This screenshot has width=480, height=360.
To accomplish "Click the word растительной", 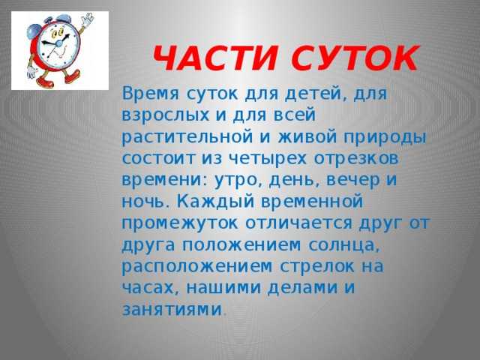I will tap(175, 139).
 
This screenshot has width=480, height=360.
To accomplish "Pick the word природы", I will tap(385, 139).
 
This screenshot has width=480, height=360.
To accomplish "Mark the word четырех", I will tap(253, 160).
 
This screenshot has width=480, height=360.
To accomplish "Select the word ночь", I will tap(145, 202).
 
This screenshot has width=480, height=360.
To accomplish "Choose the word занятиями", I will tap(171, 308).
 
